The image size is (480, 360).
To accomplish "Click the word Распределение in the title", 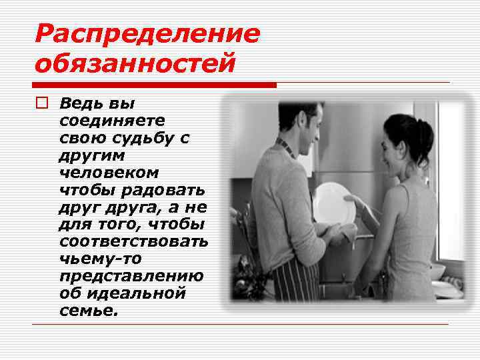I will (x=147, y=33).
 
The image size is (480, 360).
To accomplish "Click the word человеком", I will (x=109, y=173).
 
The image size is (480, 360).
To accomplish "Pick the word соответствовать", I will (x=133, y=241).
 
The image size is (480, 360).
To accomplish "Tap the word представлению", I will (x=131, y=275).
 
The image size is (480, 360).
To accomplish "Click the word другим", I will (x=84, y=155).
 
